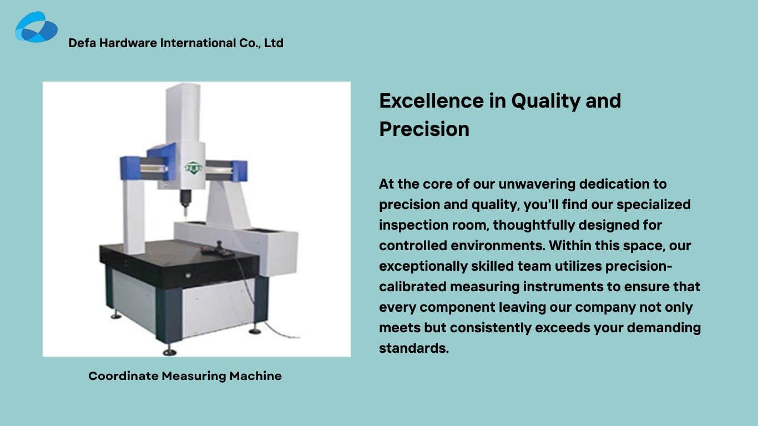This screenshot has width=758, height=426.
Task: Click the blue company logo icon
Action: [x=36, y=27]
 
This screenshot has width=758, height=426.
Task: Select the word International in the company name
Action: [x=198, y=43]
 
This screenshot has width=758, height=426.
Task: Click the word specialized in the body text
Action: [x=654, y=205]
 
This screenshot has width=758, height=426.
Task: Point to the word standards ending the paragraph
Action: [x=413, y=348]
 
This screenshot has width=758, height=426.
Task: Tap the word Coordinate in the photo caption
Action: [x=123, y=376]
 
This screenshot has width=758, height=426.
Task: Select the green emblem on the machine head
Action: [x=193, y=167]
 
